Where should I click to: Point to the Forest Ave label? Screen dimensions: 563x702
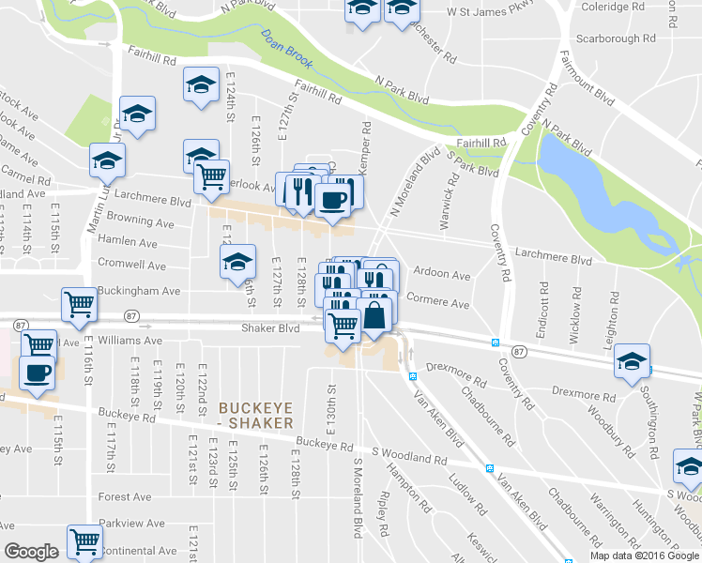(x=125, y=496)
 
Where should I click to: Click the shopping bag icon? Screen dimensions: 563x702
(x=374, y=315)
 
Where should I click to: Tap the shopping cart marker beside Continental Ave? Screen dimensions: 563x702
(x=84, y=541)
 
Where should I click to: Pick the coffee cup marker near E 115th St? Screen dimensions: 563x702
(x=38, y=373)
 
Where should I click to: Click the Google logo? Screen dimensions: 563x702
(x=32, y=552)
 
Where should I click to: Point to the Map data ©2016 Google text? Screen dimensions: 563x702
(x=643, y=555)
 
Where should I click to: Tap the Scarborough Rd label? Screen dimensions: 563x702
(x=615, y=39)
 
